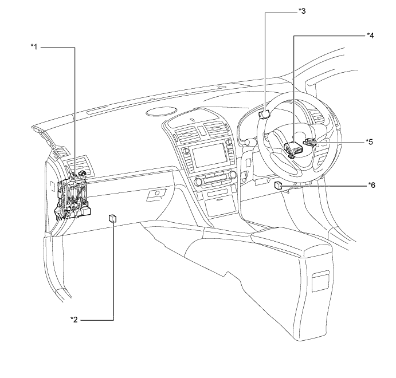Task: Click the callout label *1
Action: [x=34, y=47]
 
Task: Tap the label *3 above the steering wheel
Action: [x=303, y=11]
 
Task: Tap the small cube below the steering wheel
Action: [x=278, y=184]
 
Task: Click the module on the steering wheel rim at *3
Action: [x=264, y=113]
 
